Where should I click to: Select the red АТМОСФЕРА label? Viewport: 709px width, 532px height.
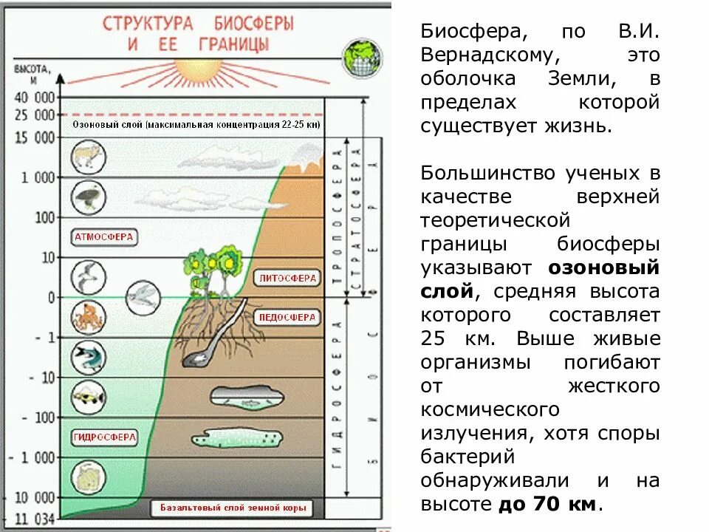[104, 237]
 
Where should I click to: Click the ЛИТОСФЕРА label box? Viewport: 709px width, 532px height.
[288, 279]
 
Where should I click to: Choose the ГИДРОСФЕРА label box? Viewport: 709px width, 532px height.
[105, 437]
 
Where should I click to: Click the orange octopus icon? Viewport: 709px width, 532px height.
[88, 316]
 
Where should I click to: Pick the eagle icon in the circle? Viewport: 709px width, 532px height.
[88, 197]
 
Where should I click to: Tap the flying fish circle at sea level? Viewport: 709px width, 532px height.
[141, 296]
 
